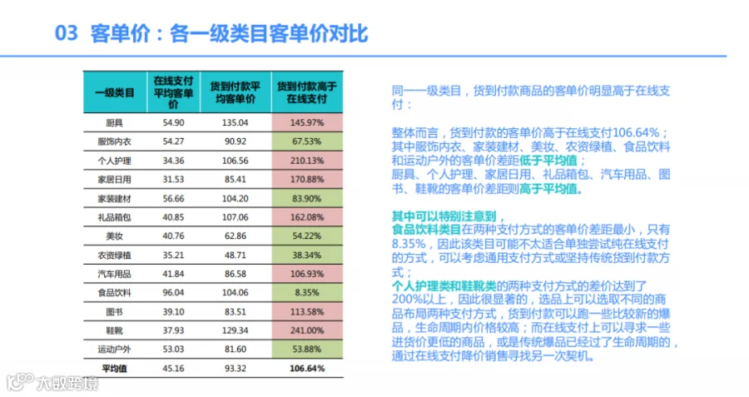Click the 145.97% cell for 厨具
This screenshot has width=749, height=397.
[x=306, y=123]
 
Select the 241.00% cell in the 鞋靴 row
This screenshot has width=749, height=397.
[x=306, y=330]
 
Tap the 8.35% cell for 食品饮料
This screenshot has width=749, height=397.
[x=306, y=293]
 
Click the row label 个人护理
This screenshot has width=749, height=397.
[x=114, y=161]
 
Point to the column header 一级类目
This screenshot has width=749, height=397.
[x=115, y=92]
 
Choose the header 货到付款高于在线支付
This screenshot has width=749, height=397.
[x=306, y=92]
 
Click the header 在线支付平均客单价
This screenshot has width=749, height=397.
[x=173, y=92]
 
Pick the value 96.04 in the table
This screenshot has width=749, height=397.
[x=173, y=293]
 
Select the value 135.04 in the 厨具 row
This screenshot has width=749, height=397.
[x=235, y=123]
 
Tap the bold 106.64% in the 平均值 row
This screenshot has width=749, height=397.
[x=306, y=369]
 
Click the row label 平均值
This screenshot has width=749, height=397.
[x=114, y=369]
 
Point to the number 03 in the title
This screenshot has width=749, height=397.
[x=66, y=33]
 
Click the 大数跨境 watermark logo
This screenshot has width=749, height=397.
[x=52, y=382]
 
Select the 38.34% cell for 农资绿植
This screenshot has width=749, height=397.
[x=306, y=256]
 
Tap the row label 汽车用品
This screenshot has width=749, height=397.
[x=114, y=274]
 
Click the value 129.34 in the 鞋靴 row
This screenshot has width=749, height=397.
[x=235, y=330]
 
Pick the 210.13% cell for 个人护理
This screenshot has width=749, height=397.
[x=306, y=161]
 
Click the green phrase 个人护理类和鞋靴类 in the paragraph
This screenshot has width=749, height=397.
[x=444, y=286]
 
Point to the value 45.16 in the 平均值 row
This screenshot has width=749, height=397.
[x=173, y=369]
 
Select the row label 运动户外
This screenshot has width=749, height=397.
[x=114, y=350]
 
